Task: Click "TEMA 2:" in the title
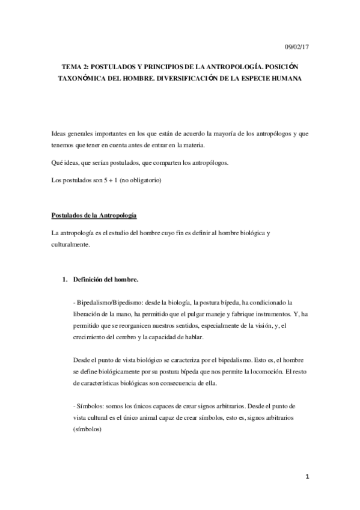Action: pos(76,67)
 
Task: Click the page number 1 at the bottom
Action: pos(307,476)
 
